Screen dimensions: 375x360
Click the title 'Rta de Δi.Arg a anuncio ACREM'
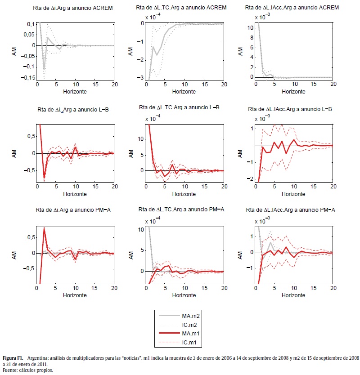point(73,8)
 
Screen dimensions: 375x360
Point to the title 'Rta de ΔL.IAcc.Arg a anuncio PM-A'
point(290,210)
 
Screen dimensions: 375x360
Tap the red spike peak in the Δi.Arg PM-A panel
point(44,228)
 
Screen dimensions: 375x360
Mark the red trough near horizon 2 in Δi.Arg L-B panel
point(44,178)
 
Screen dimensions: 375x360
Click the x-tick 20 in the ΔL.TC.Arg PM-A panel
point(223,289)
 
